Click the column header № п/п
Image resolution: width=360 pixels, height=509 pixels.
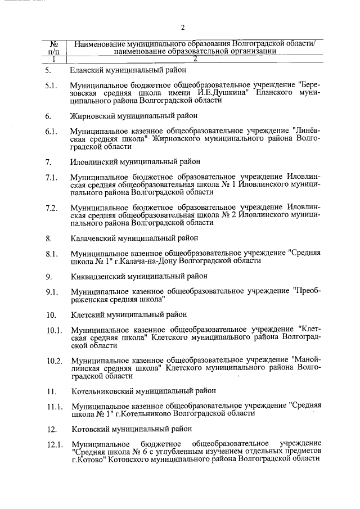click(x=55, y=47)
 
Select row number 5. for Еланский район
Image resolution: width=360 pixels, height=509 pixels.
click(x=48, y=71)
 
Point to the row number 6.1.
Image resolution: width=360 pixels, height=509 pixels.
click(x=51, y=132)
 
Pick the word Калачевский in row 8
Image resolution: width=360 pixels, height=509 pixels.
click(x=94, y=237)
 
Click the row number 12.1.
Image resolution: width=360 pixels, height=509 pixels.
click(x=54, y=444)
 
